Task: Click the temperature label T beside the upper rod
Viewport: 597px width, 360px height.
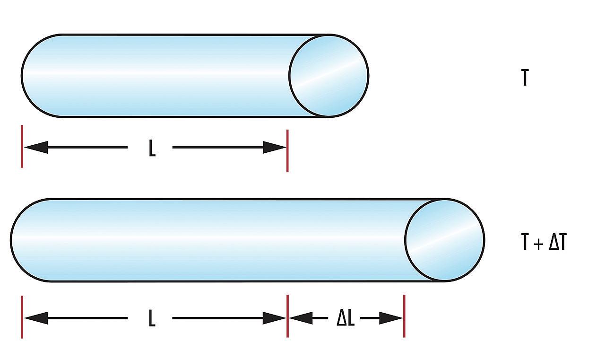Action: pyautogui.click(x=524, y=78)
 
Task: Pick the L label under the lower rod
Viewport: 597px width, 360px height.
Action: pyautogui.click(x=152, y=319)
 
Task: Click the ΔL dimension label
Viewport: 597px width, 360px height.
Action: pyautogui.click(x=346, y=319)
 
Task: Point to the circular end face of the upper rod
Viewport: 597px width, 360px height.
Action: pyautogui.click(x=329, y=76)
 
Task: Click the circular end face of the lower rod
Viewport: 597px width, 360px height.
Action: pyautogui.click(x=444, y=240)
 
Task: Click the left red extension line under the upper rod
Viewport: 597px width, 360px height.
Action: pyautogui.click(x=22, y=146)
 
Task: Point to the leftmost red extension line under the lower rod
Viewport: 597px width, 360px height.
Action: pyautogui.click(x=22, y=317)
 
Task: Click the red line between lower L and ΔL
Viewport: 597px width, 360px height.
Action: pyautogui.click(x=287, y=316)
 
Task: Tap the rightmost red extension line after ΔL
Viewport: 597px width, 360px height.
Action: pyautogui.click(x=404, y=316)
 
